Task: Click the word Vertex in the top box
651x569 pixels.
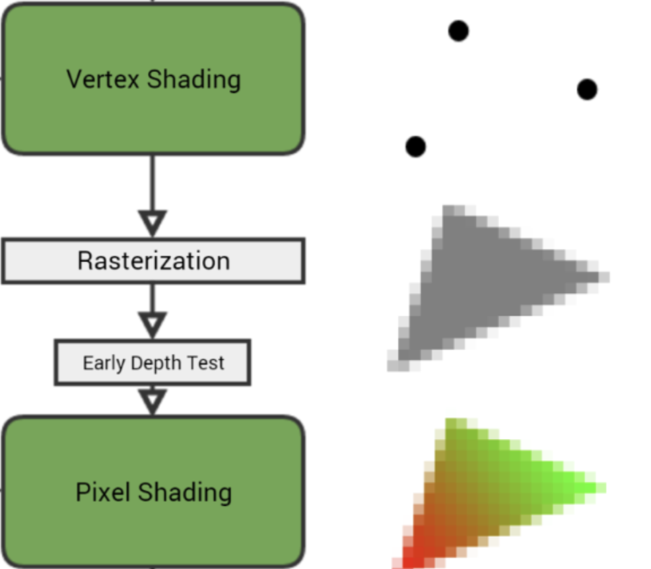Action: tap(103, 79)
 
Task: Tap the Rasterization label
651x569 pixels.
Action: tap(153, 261)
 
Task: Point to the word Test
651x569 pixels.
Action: tap(205, 362)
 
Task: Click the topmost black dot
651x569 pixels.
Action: tap(458, 30)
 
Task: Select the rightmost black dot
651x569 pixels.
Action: tap(586, 89)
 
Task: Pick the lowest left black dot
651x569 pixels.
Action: tap(415, 147)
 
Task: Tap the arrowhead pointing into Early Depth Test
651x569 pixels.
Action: tap(153, 324)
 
